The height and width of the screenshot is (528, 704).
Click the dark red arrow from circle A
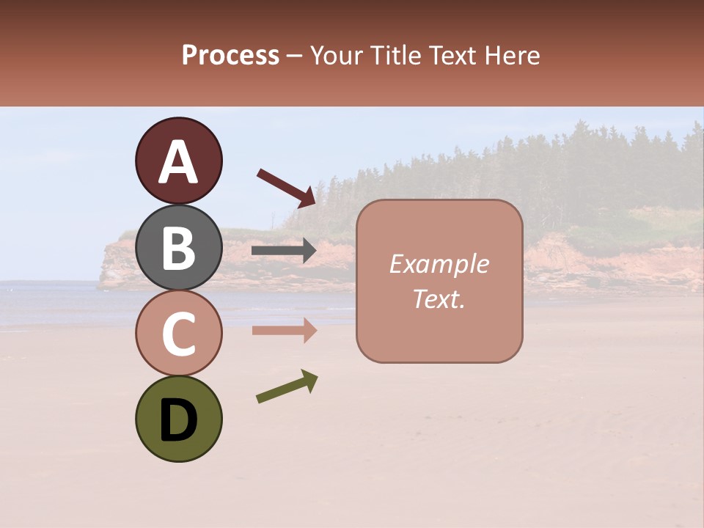(286, 186)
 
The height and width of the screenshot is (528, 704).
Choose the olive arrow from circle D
(287, 386)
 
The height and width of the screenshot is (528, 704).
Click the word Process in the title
(231, 55)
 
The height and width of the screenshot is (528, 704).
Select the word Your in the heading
(337, 55)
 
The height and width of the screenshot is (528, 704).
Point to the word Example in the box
(439, 264)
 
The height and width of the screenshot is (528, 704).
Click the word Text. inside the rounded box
(439, 299)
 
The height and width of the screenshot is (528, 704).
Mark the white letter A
(178, 162)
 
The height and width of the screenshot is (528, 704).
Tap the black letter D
(178, 420)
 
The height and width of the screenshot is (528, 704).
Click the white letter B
(178, 248)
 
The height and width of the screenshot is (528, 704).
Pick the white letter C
(178, 334)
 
